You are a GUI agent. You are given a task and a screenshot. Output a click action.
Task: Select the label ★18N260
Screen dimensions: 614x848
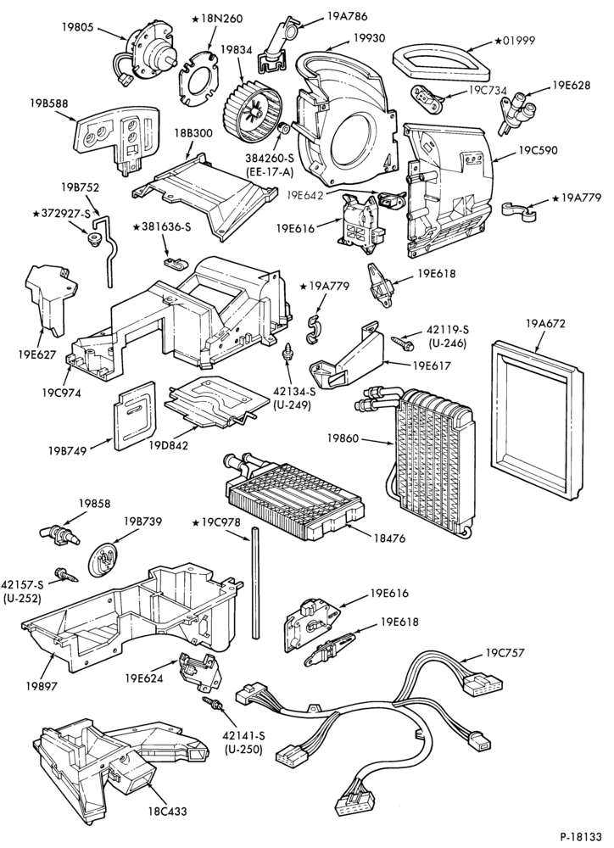coord(217,19)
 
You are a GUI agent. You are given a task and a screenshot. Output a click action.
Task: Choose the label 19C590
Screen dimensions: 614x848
coord(538,150)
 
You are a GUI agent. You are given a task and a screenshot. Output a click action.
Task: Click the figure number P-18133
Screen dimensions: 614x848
coord(583,836)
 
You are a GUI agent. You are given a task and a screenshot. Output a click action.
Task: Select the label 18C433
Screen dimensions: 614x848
coord(168,812)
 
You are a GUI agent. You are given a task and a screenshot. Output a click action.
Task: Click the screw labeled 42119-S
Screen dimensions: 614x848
coord(402,341)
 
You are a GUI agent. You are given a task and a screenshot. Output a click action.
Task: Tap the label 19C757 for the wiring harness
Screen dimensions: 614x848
coord(505,653)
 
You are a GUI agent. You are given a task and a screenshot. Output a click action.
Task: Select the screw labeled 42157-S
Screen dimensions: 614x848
coord(64,574)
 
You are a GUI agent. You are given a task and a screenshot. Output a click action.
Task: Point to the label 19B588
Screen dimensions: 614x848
coord(48,103)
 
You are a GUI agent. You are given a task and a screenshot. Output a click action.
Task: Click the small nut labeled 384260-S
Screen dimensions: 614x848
coord(282,131)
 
